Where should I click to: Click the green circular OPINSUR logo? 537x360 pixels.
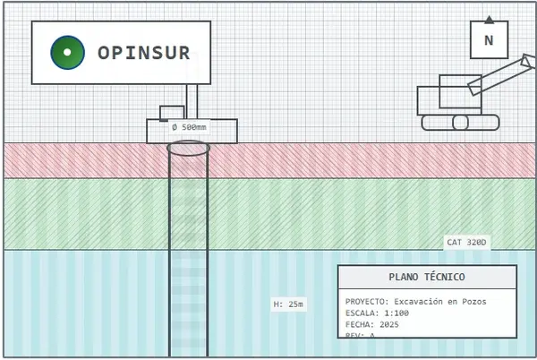[67, 53]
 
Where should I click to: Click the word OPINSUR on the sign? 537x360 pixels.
[144, 53]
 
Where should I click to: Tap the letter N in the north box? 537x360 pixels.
[489, 40]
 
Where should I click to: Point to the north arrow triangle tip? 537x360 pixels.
[489, 17]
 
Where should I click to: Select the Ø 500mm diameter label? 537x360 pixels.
[189, 127]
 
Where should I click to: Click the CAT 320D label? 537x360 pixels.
[466, 243]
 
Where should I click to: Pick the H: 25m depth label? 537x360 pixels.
[288, 304]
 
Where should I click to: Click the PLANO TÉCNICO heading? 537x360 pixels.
[427, 278]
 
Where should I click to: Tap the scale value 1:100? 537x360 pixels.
[396, 313]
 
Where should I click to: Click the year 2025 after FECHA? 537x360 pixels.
[389, 325]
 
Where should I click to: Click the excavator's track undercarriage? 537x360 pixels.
[460, 123]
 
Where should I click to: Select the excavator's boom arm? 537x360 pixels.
[498, 75]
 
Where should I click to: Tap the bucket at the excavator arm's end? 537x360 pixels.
[529, 62]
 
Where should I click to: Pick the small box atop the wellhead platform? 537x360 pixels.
[172, 113]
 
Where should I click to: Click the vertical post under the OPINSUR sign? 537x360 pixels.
[192, 101]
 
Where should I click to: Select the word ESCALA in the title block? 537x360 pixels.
[361, 313]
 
